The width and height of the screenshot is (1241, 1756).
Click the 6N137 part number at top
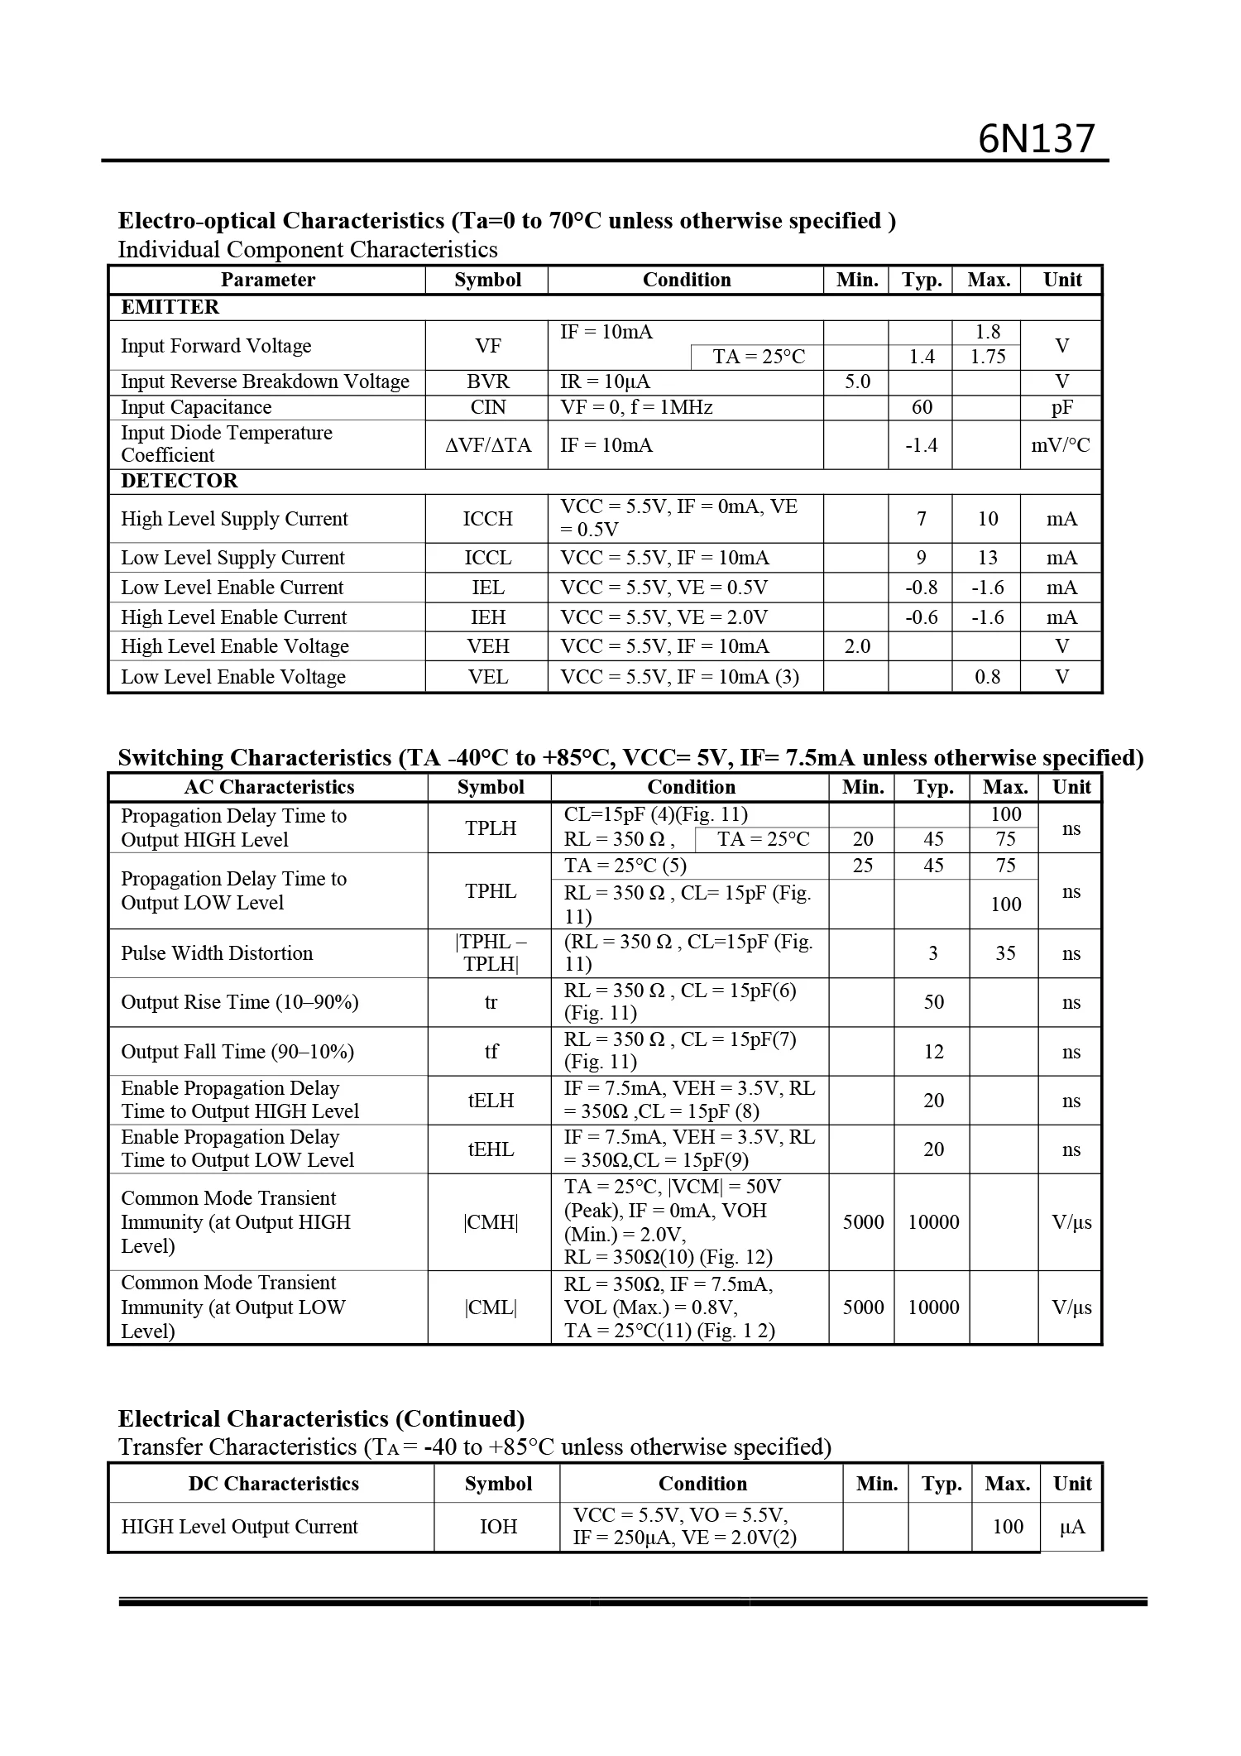click(x=1036, y=139)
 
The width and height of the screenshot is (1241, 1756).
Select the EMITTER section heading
click(x=170, y=307)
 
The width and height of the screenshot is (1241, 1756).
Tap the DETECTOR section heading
click(x=179, y=481)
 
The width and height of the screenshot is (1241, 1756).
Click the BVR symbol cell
click(x=487, y=381)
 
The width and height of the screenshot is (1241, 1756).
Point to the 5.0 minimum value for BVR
click(x=856, y=381)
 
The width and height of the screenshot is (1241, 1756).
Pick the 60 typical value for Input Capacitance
click(x=921, y=407)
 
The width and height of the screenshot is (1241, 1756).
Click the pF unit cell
click(x=1061, y=407)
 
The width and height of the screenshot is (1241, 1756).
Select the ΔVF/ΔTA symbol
click(x=487, y=445)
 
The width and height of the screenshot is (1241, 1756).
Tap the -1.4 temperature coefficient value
click(x=921, y=445)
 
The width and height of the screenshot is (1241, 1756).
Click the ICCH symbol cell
click(x=487, y=519)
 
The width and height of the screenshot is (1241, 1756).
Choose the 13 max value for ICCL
click(x=987, y=558)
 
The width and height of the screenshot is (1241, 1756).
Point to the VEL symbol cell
click(x=487, y=677)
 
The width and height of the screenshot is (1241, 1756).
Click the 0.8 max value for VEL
click(x=987, y=677)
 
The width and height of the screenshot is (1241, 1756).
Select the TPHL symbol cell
click(x=491, y=891)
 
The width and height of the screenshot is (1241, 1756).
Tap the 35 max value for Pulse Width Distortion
click(x=1005, y=953)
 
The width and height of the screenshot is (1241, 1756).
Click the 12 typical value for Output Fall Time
click(x=933, y=1052)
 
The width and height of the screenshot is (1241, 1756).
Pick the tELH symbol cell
click(x=491, y=1101)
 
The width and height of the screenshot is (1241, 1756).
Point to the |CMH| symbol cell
click(x=491, y=1222)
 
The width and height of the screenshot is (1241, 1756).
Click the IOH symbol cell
click(x=498, y=1527)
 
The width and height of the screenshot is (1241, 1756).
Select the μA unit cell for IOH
click(x=1072, y=1527)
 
